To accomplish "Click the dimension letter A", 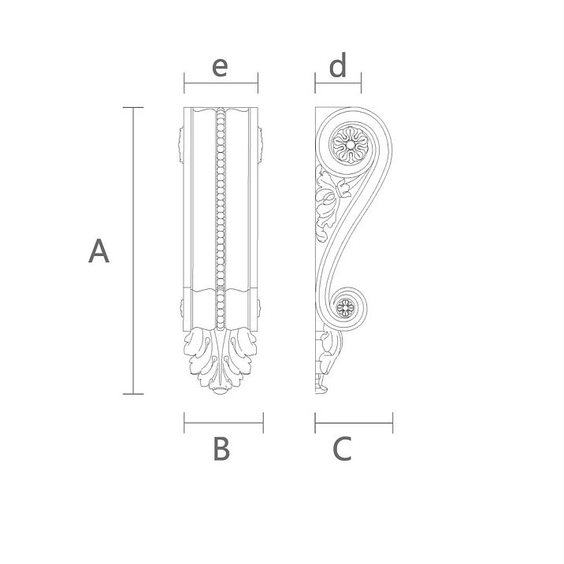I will pos(98,251).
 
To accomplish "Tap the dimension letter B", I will pos(221,449).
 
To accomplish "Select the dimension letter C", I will pos(342,449).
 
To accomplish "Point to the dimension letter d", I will pos(338,67).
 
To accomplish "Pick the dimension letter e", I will pos(220,67).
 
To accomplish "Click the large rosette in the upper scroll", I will pos(347,144).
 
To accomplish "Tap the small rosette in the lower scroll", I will pos(344,308).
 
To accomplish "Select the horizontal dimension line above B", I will pos(224,423).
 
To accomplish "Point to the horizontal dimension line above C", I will pos(354,423).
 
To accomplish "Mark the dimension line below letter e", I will pos(221,82).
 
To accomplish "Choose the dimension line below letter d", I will pos(338,82).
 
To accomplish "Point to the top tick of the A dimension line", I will pos(132,106).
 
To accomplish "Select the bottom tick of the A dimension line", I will pos(132,393).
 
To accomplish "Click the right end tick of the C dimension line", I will pos(393,423).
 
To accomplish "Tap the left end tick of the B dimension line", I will pos(184,423).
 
